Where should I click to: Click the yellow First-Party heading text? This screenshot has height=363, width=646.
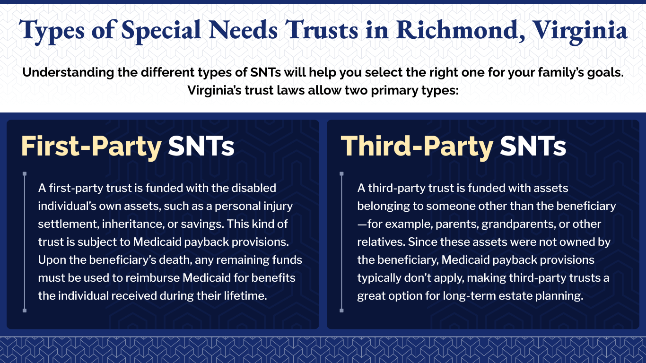(x=91, y=146)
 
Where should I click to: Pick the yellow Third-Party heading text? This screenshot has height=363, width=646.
(x=417, y=146)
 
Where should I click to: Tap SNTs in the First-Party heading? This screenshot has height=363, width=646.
(x=201, y=146)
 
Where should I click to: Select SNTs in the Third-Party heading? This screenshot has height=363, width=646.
(x=533, y=146)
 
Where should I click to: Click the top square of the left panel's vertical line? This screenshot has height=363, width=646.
(x=25, y=174)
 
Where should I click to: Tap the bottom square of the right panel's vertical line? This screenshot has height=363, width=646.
(x=341, y=311)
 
